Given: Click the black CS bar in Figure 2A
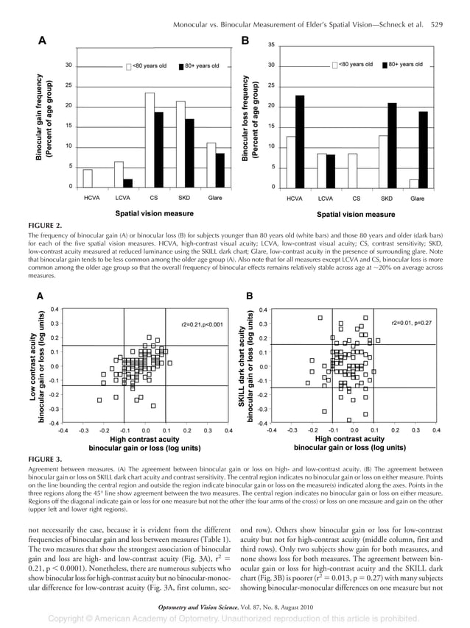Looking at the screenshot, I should pos(158,151).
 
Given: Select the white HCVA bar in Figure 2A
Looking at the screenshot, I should pos(88,179).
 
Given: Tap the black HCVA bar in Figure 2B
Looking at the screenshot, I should pos(299,141).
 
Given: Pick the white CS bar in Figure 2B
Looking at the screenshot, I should pos(351,170).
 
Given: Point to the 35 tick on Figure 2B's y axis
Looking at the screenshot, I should pos(271,44).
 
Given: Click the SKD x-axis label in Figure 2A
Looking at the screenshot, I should pos(184,198).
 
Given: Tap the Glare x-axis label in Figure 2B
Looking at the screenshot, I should pos(417,199).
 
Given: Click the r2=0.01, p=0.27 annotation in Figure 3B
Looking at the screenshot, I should pos(411,323).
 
